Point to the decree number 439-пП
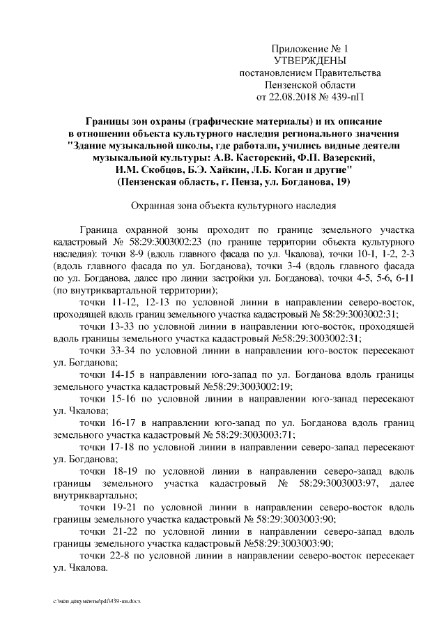click(x=344, y=96)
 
